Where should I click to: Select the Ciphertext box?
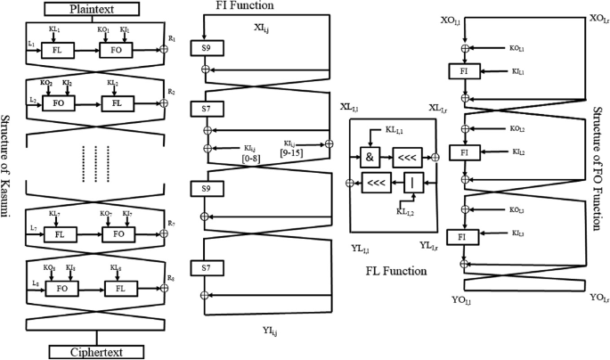click(96, 351)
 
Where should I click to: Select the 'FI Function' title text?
click(228, 7)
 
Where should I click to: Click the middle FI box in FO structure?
click(463, 152)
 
